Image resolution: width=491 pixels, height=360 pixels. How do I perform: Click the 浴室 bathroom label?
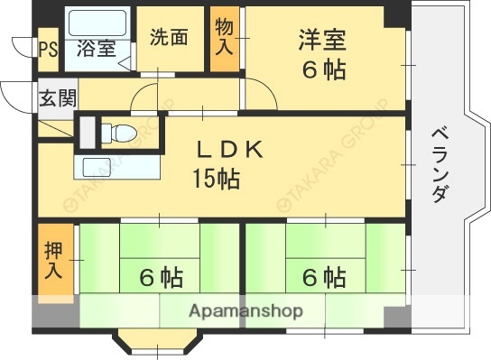[x=96, y=48]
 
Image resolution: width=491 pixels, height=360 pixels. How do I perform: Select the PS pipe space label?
[x=47, y=49]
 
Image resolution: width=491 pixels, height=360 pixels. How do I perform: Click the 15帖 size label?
[x=215, y=179]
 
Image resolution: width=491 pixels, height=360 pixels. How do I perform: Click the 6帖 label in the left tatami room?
[x=161, y=277]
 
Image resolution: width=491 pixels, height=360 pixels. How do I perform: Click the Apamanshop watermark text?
[x=245, y=311]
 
